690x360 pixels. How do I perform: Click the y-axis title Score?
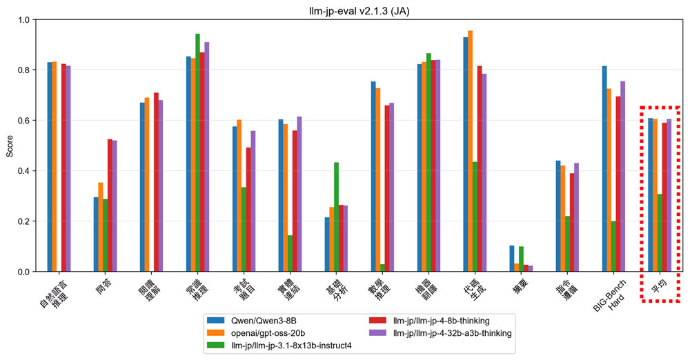10,146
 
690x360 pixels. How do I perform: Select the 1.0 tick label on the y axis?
26,20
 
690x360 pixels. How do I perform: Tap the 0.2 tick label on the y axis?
26,221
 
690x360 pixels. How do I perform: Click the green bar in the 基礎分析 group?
336,217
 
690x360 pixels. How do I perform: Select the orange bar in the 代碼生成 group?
471,151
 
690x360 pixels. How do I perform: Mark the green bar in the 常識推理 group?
197,152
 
